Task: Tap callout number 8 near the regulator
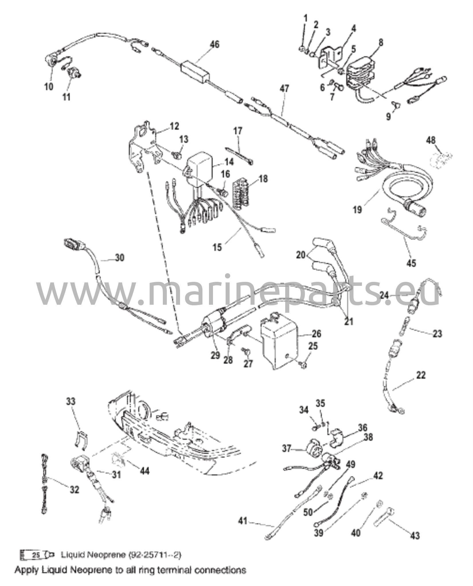click(x=380, y=42)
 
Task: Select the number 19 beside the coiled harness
click(x=357, y=210)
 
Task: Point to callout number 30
click(x=120, y=258)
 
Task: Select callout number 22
click(x=420, y=375)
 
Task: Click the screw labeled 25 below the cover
click(x=303, y=365)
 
